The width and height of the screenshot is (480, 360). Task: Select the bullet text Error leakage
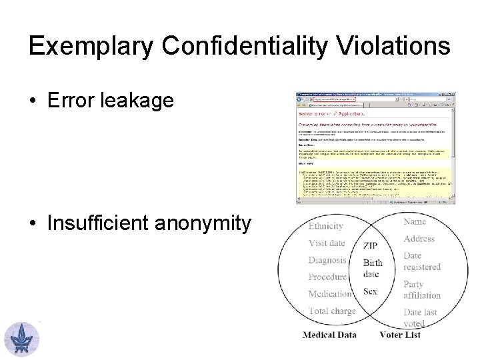[110, 101]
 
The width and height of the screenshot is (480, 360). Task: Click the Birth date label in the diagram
[373, 269]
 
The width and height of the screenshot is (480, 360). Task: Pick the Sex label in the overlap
[370, 291]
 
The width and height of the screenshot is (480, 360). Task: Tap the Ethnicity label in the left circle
[325, 226]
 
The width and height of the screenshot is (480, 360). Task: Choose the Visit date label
[327, 243]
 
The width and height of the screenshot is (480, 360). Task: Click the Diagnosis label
[327, 260]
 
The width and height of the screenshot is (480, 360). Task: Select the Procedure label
[327, 277]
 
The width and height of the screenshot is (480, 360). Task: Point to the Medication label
[329, 294]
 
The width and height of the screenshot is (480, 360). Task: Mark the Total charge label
[331, 311]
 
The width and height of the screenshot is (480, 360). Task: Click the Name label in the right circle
[415, 221]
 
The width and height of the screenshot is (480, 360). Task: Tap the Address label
[419, 238]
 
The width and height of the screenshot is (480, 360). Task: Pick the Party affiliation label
[421, 289]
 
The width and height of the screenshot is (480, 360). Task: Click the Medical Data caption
[329, 335]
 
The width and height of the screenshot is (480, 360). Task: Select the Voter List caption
[400, 335]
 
